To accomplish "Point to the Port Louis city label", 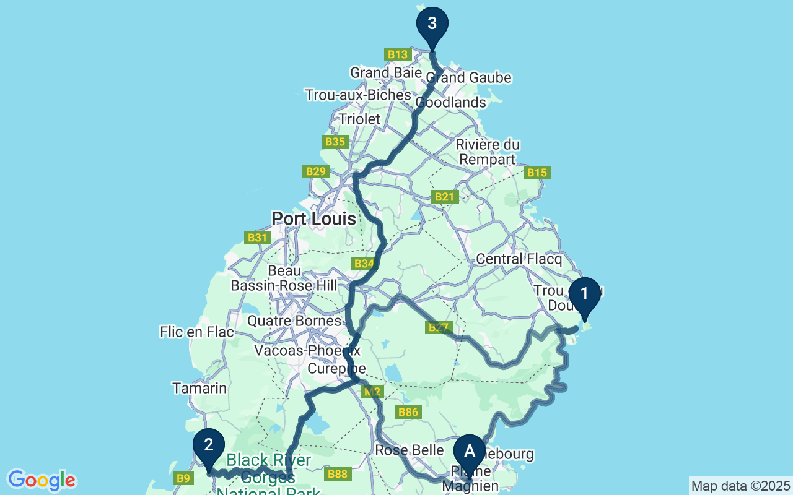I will coord(314,218).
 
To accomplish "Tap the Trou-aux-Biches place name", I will coord(357,95).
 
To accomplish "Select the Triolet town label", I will coord(359,118).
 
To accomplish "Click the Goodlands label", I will coord(451,102).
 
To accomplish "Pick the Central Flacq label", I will coord(519,259).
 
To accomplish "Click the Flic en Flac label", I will coord(196,332).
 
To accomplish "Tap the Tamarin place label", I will coord(199,388).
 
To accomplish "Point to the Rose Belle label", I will coord(410,450).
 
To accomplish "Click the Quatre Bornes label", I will coord(294,321).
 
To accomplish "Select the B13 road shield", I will coord(397,54).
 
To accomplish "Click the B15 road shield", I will coord(537,173).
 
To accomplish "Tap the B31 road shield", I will coord(256,238).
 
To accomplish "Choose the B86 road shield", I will coord(409,412).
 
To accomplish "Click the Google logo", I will coord(42,480).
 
